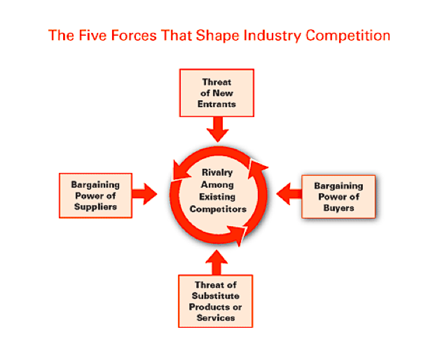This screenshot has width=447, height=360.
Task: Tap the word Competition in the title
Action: click(348, 36)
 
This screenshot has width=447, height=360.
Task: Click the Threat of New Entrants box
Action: click(216, 93)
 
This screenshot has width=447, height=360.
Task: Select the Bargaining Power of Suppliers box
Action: click(95, 195)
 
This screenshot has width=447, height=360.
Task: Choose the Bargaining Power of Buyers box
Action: click(338, 197)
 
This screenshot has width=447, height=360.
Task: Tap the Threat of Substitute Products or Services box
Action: click(216, 301)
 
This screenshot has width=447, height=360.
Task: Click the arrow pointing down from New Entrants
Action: click(218, 130)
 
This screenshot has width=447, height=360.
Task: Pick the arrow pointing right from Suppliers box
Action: click(144, 194)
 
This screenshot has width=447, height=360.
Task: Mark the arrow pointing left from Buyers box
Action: click(289, 194)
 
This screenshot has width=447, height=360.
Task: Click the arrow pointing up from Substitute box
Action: click(216, 262)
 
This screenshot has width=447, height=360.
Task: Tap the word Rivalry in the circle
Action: click(217, 172)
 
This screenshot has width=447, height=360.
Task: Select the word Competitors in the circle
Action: click(218, 209)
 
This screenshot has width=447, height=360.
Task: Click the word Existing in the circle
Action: click(217, 197)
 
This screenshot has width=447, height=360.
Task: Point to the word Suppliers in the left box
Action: click(95, 207)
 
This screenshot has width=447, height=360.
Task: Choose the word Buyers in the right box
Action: click(338, 208)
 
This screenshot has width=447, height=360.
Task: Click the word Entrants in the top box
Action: click(216, 104)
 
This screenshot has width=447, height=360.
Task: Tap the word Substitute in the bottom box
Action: click(216, 296)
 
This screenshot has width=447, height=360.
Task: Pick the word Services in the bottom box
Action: click(216, 318)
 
